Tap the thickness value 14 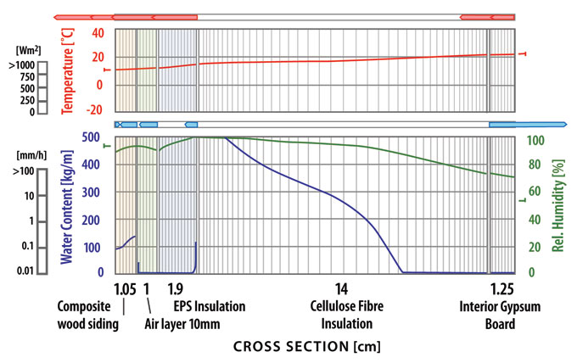[x=341, y=288]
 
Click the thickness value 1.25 [x=502, y=288]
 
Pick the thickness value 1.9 [x=176, y=288]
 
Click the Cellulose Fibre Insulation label [x=342, y=315]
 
